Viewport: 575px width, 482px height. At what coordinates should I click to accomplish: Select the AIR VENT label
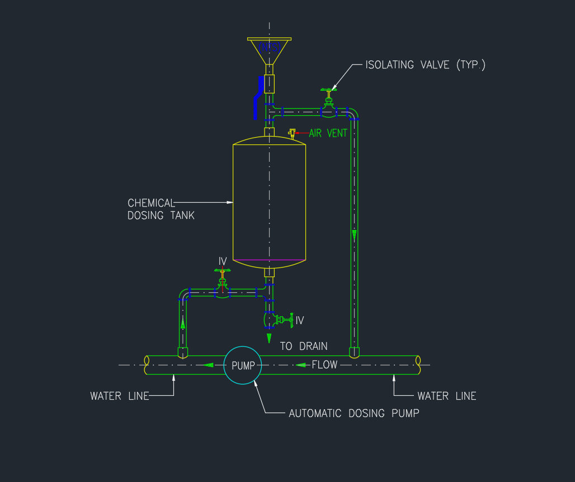point(328,133)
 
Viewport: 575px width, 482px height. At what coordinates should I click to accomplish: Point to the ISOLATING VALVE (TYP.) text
point(425,65)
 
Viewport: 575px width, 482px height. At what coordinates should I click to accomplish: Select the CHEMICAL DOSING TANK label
point(161,209)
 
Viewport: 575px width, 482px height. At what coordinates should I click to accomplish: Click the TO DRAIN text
point(304,347)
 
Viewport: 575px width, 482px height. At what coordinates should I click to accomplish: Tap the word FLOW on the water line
point(324,365)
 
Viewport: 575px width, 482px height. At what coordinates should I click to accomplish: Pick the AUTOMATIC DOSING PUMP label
point(354,414)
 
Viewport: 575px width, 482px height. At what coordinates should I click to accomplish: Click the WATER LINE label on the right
point(446,396)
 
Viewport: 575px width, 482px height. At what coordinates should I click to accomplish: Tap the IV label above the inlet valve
point(223,261)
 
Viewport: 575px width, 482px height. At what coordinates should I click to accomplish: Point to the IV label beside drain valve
point(300,320)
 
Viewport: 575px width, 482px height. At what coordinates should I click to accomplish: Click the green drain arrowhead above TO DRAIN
point(269,338)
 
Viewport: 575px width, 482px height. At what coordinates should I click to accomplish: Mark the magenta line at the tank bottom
point(269,260)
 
